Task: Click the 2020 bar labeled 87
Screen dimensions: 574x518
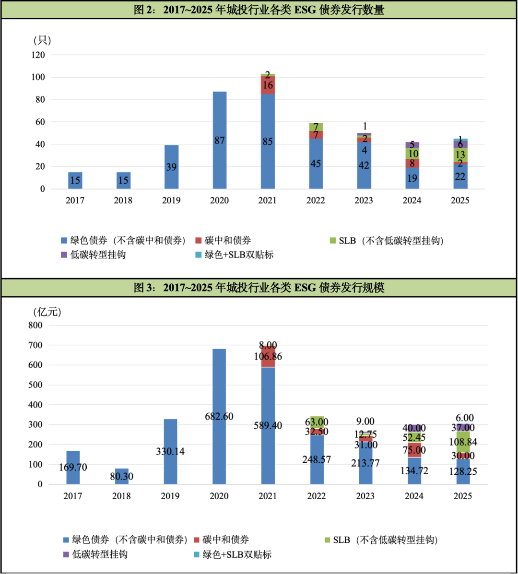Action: point(220,141)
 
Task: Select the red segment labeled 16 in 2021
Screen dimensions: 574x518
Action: point(268,85)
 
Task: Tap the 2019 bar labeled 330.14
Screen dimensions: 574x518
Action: point(170,452)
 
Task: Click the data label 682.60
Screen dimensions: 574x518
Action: point(219,416)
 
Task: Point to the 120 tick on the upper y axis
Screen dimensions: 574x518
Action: point(38,55)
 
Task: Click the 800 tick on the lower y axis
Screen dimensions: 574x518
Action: point(35,325)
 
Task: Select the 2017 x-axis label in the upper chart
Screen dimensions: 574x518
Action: point(75,200)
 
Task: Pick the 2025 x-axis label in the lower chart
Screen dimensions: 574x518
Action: point(463,496)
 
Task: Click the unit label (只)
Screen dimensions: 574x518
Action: point(42,40)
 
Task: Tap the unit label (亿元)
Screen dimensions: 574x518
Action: point(47,312)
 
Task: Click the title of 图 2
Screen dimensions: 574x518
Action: point(259,10)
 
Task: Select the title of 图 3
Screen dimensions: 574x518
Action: point(259,287)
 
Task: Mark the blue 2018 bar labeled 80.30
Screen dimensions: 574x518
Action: point(121,476)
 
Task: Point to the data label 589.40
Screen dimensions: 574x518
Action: point(268,425)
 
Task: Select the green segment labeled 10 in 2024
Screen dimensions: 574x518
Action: point(412,153)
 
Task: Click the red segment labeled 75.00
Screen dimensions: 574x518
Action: point(414,450)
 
